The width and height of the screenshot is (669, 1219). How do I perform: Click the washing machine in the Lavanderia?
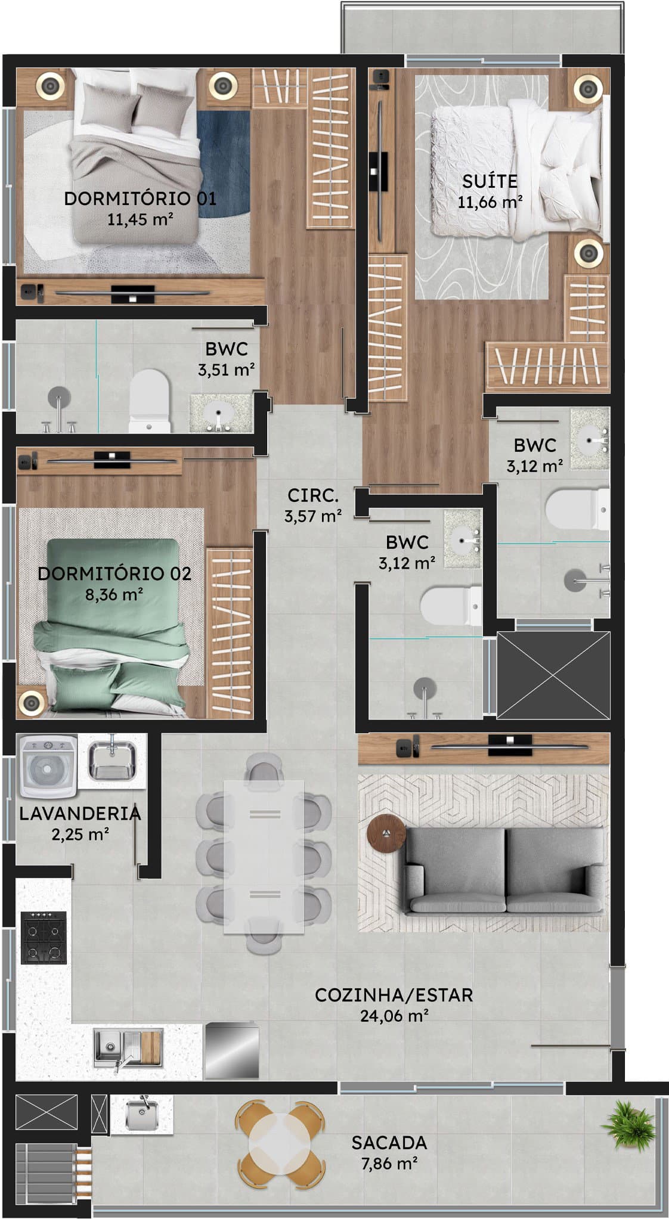point(48,766)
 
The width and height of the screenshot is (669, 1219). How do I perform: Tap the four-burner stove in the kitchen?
point(44,937)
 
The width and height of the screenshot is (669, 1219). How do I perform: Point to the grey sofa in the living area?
point(504,870)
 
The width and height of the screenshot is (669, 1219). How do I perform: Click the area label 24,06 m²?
point(394,1015)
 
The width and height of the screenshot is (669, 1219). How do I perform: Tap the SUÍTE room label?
point(490,181)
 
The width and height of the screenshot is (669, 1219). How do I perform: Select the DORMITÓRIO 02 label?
point(114,573)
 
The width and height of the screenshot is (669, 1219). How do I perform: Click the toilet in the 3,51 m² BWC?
point(150,401)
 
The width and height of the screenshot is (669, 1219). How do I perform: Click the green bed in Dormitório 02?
point(112,626)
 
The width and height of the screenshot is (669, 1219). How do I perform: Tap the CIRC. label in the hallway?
point(313,495)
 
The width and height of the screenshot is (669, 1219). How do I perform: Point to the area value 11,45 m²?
point(140,219)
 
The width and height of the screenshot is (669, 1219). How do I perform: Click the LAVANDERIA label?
point(80,813)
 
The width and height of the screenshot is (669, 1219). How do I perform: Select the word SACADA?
point(389,1143)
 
